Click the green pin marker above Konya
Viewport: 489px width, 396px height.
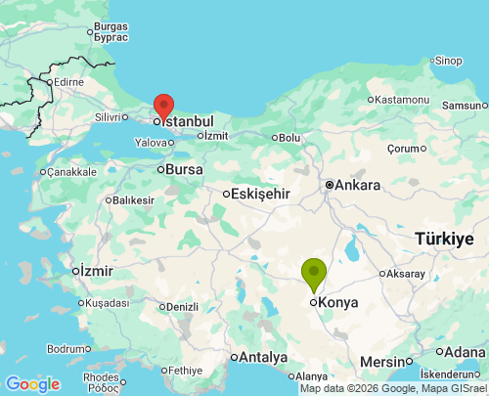coord(313,271)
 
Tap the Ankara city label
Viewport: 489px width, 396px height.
coord(358,184)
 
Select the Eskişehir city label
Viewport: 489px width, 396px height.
coord(261,194)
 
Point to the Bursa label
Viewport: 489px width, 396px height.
coord(184,169)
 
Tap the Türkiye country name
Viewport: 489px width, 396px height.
coord(444,239)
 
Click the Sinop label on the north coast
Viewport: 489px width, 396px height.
coord(448,61)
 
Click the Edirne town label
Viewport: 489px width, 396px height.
coord(68,82)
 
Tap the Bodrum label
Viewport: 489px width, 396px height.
coord(67,349)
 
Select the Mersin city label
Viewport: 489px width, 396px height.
coord(381,361)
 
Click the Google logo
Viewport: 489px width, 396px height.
coord(32,384)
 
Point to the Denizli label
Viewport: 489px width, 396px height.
coord(181,306)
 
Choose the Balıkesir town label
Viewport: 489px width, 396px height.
coord(134,200)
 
